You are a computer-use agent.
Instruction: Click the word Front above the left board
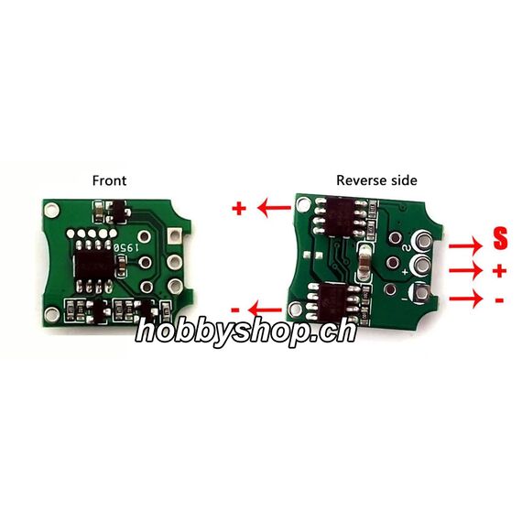point(109,180)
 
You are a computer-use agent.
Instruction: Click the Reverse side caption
point(376,180)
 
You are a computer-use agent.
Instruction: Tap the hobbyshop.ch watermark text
point(246,331)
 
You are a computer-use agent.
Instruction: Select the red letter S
point(500,238)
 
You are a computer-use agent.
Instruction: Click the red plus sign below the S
point(500,271)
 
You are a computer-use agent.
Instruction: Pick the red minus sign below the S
point(499,300)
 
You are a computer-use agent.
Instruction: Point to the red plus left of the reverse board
point(239,209)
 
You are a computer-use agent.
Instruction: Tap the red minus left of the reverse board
point(235,310)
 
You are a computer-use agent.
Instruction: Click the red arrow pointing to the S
point(466,246)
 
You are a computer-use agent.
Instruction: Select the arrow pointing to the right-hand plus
point(466,271)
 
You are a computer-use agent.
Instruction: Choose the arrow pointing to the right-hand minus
point(466,299)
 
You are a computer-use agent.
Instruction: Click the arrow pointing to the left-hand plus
point(275,208)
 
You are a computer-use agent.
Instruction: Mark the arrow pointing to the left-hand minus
point(266,310)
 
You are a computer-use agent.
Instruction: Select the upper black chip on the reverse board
point(343,216)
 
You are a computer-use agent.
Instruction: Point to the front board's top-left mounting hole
point(51,210)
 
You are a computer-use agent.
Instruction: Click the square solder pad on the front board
point(174,235)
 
